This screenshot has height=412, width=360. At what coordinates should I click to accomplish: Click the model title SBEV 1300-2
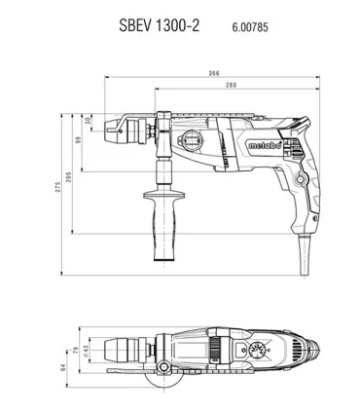click(x=159, y=25)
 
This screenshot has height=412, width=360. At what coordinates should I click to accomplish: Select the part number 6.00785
click(x=250, y=27)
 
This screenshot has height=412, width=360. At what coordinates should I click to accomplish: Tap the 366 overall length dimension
click(x=214, y=73)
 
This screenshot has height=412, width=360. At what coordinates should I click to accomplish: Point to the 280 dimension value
click(x=231, y=85)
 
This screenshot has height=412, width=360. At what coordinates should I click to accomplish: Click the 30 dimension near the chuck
click(x=88, y=122)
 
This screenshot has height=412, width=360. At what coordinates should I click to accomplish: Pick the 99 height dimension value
click(x=78, y=140)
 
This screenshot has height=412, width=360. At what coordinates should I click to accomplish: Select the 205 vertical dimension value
click(x=68, y=177)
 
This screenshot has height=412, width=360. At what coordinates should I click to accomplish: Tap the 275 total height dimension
click(x=57, y=187)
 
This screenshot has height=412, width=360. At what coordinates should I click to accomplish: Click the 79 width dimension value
click(x=76, y=351)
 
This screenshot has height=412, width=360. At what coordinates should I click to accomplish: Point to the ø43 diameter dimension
click(x=86, y=351)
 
